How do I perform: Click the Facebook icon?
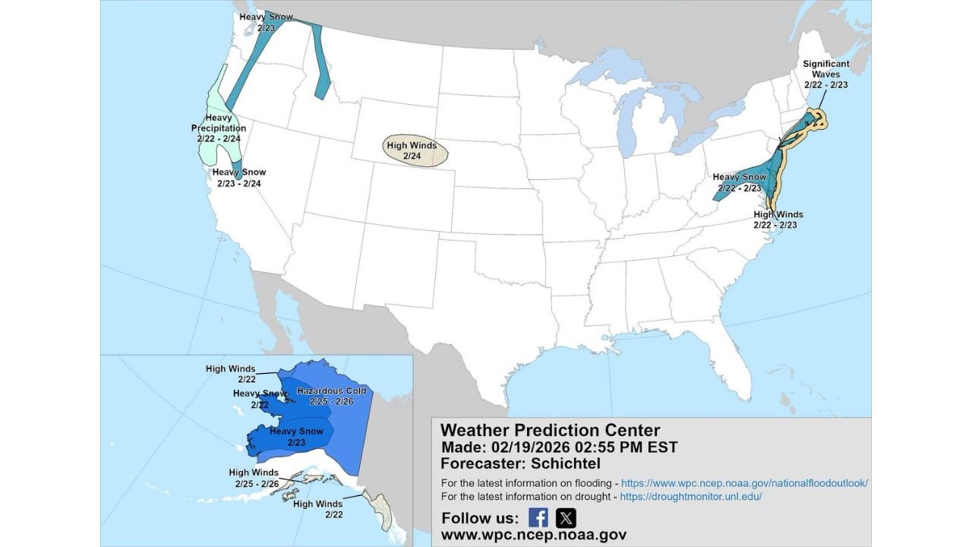538,518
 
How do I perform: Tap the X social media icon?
566,518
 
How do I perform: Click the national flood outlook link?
744,483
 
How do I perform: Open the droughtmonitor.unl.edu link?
690,497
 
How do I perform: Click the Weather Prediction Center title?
550,430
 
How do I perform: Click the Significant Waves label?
826,74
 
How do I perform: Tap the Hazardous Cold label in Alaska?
331,396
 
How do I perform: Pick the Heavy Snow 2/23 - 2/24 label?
238,178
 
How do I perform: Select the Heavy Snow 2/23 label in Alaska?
296,436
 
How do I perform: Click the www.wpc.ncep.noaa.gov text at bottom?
533,535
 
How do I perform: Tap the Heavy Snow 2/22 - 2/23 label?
740,182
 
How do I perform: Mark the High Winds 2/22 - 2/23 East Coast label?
778,220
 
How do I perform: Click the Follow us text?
480,518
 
